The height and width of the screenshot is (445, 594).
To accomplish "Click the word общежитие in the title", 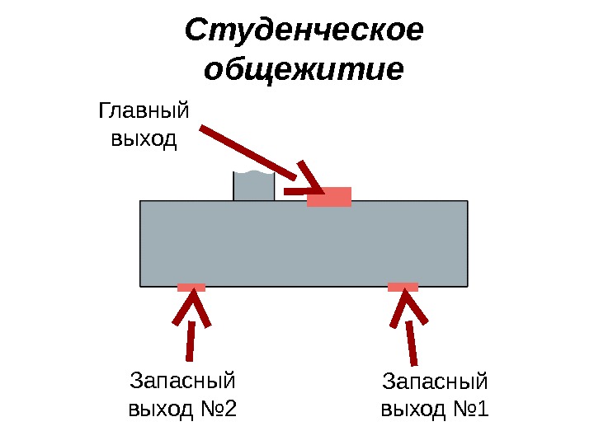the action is coord(304,69).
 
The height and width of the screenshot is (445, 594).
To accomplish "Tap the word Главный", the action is coord(144,111).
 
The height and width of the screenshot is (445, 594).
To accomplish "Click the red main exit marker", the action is coord(329,197).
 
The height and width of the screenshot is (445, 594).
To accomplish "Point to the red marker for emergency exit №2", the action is coord(191,288).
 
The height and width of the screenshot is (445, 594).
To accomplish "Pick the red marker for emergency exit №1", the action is coord(403,288).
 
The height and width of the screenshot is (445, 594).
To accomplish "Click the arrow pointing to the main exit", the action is coord(247,153).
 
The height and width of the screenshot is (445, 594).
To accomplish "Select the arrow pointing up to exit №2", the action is coord(191,330).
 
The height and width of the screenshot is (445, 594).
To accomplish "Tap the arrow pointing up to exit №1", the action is coord(410,330).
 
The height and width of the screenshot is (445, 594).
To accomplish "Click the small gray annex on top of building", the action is coord(253,188).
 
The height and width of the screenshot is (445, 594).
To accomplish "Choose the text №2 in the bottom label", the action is coord(218,409).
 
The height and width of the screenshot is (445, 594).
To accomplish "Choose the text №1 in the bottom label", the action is coord(470,409).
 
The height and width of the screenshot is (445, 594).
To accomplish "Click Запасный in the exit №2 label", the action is coord(183,382).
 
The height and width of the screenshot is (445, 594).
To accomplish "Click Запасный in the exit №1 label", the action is coord(436,382).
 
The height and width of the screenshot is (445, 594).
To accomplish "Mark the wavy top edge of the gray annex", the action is coord(253,174).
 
